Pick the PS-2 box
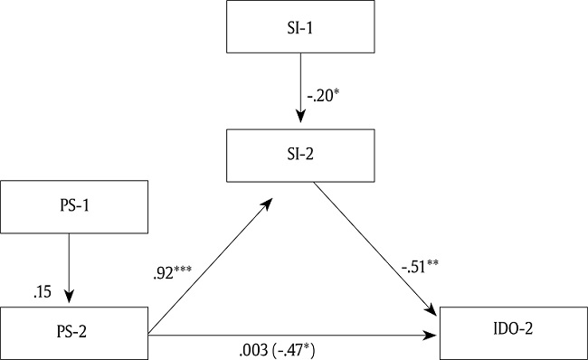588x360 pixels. coord(73,336)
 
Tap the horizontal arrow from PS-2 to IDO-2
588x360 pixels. coord(289,336)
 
